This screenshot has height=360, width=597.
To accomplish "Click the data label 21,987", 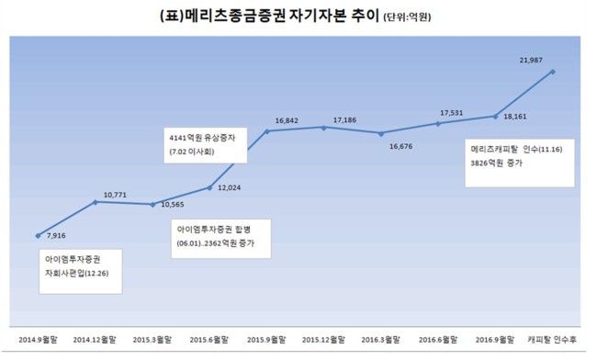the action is [531, 60].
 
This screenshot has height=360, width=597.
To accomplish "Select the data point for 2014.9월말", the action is [38, 236].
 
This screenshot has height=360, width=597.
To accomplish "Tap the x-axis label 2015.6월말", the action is [209, 340].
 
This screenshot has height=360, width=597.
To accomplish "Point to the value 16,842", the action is [287, 120].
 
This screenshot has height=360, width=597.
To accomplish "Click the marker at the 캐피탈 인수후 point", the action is [553, 72].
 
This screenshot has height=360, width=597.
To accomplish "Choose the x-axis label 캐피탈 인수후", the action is [552, 340].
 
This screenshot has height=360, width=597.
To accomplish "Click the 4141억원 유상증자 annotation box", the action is [206, 145].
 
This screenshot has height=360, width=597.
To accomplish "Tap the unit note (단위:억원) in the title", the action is [407, 17].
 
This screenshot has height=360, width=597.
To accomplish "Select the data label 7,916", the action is [56, 235].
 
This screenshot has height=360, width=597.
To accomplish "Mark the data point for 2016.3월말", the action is [381, 133].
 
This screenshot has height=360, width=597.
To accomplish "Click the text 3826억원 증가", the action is [497, 163].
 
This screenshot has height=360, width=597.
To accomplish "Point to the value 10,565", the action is [173, 205].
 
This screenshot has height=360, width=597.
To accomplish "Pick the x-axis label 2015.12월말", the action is [323, 340].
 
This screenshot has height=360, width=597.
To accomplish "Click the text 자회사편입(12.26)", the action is [77, 274].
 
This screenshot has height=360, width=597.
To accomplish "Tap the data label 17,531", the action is [452, 113].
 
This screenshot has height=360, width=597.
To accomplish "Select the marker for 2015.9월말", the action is [267, 131].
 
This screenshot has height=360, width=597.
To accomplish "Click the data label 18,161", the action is [514, 117].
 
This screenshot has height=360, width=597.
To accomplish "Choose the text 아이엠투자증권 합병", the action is [214, 230].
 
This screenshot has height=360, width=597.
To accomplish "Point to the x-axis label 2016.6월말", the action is [438, 340].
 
